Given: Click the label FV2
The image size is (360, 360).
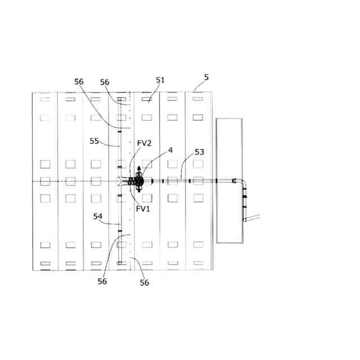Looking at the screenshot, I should [145, 143].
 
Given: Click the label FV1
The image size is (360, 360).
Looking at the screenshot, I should [143, 209].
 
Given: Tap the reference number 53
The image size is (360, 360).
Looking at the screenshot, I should [200, 152].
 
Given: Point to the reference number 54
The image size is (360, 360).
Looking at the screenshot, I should [98, 216].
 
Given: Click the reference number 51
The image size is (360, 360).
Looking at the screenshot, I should [160, 80].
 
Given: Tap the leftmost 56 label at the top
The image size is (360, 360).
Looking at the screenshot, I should [79, 82].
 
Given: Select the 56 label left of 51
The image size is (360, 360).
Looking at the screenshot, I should [105, 82].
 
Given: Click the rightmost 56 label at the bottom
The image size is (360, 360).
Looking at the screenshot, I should [145, 283].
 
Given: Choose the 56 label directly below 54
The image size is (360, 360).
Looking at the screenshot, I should [102, 281].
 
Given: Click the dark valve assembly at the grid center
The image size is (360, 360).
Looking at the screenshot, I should [137, 181].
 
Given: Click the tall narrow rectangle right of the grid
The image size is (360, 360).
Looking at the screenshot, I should [229, 180].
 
